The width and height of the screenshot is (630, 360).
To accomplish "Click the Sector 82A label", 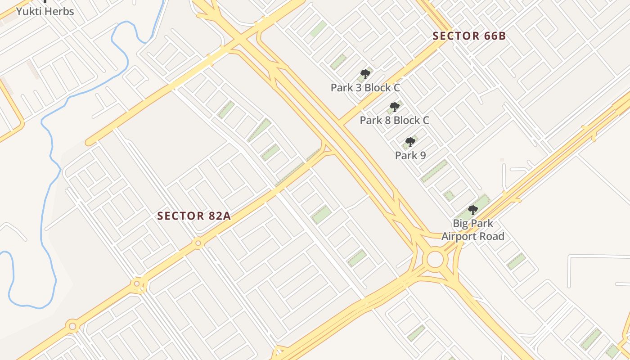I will [x=194, y=216].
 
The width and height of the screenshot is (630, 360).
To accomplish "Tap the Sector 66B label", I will [x=469, y=36].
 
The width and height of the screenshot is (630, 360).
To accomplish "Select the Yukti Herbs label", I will [x=45, y=12].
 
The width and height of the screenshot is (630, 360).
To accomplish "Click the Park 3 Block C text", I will [x=365, y=88].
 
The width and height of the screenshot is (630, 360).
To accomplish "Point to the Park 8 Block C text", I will [x=394, y=120].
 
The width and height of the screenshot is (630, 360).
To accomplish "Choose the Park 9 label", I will [x=410, y=156].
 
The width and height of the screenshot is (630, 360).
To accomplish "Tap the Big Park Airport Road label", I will [x=472, y=230].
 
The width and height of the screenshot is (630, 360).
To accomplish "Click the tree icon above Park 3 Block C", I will [x=365, y=74].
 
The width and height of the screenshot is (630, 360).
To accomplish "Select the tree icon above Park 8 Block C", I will [x=394, y=107].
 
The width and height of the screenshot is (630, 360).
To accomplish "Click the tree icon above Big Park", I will [x=472, y=210].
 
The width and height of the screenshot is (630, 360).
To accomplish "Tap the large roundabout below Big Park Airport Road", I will [x=435, y=260].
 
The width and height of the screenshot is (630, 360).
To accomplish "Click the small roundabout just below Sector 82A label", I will [x=198, y=243].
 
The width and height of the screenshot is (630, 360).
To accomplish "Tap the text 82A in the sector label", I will [x=220, y=216].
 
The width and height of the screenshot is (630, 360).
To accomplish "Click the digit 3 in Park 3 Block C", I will [x=358, y=88].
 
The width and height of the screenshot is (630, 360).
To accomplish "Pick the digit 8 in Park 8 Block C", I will [x=387, y=120].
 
